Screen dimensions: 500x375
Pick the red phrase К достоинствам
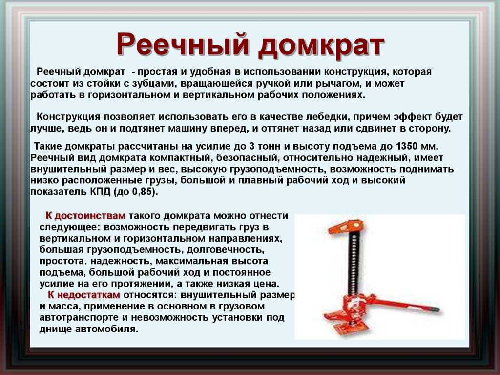85,216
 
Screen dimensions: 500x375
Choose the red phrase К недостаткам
84,295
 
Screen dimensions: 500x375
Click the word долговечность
226,249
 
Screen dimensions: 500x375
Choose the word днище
56,329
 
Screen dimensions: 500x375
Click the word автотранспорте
83,318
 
